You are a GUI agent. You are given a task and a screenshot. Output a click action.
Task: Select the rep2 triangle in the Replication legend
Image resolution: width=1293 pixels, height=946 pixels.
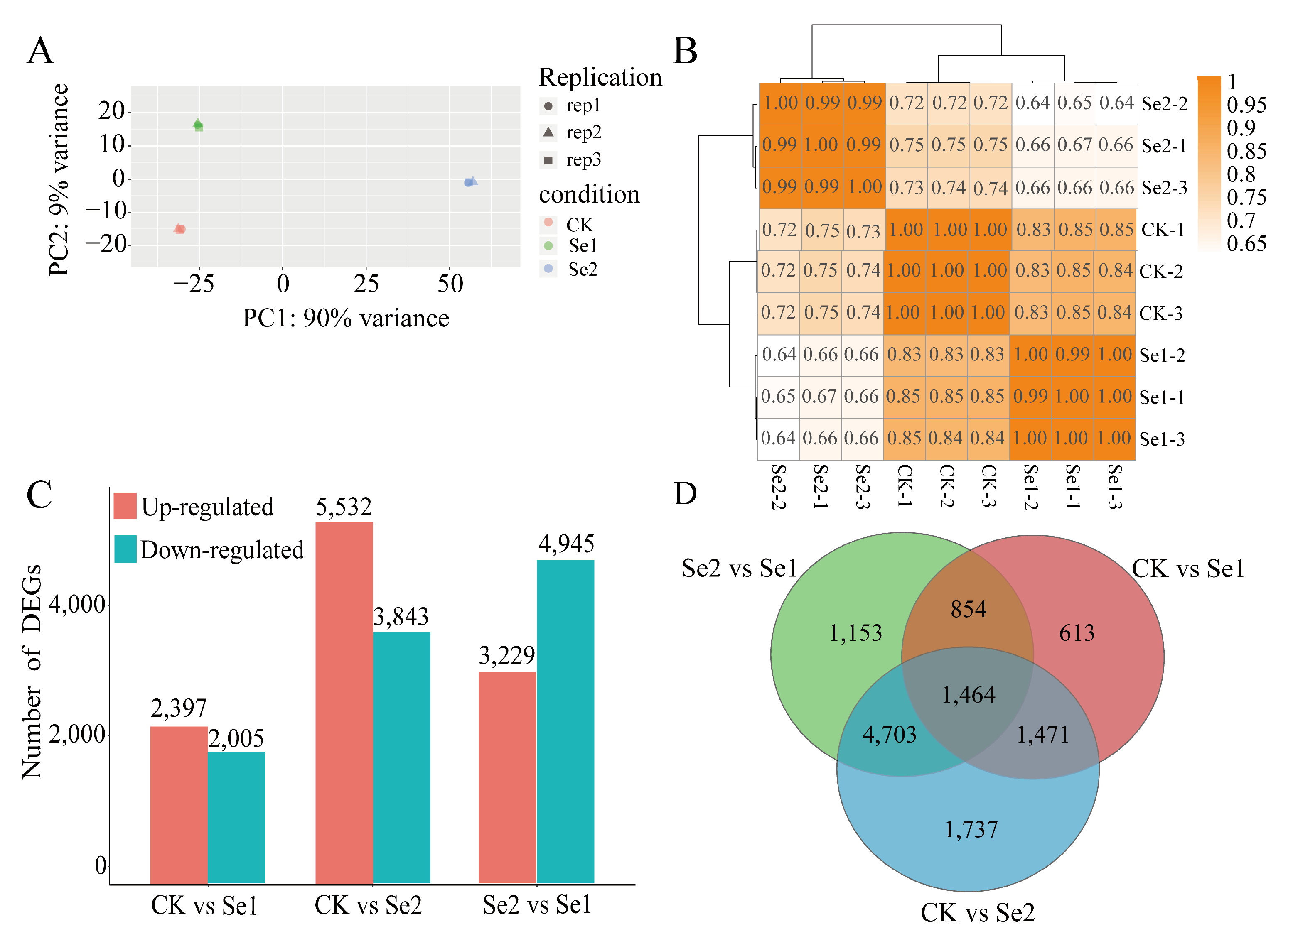[548, 132]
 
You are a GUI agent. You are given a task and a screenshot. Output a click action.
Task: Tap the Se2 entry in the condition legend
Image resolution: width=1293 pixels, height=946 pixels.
[582, 269]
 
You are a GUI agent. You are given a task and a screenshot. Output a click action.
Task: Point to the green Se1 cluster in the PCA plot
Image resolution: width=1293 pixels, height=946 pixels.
[198, 125]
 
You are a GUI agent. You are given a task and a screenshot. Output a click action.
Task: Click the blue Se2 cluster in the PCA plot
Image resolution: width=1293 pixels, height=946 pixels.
[470, 182]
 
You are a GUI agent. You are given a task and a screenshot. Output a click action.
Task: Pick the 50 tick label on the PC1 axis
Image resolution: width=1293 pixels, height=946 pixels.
[450, 284]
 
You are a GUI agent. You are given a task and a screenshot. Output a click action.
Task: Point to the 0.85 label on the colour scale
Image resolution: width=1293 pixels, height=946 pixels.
[1246, 151]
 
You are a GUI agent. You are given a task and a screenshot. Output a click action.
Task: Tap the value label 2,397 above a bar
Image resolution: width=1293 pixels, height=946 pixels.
[178, 708]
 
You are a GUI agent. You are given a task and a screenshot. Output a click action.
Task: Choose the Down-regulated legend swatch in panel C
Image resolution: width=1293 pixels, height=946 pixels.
[125, 549]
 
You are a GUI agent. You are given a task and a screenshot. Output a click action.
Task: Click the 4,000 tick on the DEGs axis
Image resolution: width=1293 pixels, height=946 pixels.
[77, 604]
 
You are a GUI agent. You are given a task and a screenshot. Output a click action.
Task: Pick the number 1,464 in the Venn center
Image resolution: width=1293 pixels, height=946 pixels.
[968, 695]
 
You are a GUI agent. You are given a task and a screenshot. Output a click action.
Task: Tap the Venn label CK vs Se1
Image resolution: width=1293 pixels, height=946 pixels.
[1187, 569]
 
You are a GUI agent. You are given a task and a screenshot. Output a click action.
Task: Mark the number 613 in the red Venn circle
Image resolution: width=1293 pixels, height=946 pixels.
[1077, 633]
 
